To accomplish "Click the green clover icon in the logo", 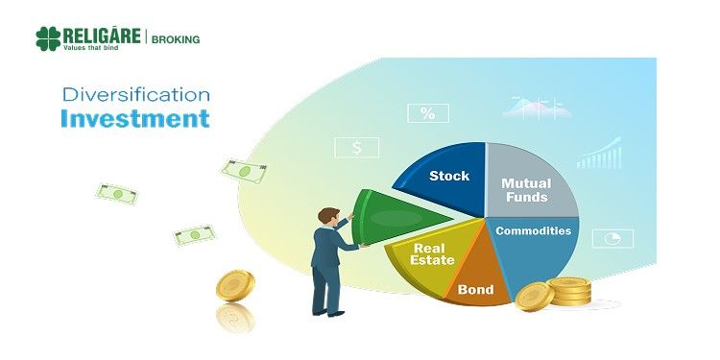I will pyautogui.click(x=48, y=38).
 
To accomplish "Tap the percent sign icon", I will pyautogui.click(x=427, y=113).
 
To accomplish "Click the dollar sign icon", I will pyautogui.click(x=356, y=148).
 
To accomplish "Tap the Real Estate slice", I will pyautogui.click(x=429, y=257).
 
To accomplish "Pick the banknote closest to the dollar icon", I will pyautogui.click(x=243, y=171).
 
